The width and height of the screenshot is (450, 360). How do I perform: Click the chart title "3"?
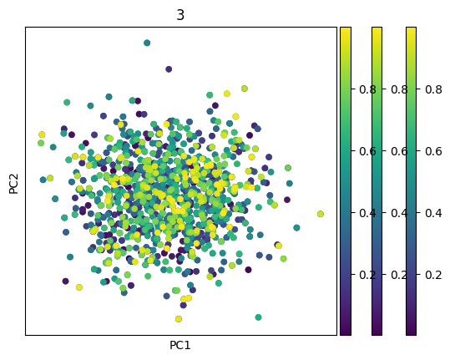(x=180, y=15)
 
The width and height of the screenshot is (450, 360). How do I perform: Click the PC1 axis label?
(x=180, y=345)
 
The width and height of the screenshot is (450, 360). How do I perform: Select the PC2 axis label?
(x=13, y=180)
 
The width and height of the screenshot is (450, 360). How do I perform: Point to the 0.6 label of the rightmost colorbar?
(x=433, y=150)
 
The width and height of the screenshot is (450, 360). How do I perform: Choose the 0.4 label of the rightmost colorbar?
(x=433, y=213)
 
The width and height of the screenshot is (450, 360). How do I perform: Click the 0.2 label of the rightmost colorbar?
(x=433, y=275)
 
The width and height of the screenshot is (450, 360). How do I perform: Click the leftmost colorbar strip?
(x=346, y=180)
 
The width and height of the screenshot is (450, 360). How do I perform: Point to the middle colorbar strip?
(x=377, y=180)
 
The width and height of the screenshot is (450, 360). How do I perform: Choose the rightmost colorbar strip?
(x=411, y=180)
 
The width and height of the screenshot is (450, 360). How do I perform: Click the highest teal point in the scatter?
(x=147, y=43)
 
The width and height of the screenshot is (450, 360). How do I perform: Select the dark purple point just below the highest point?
(x=169, y=69)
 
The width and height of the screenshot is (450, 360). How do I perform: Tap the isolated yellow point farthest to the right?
(x=321, y=214)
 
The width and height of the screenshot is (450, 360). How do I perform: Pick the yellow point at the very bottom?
(x=178, y=319)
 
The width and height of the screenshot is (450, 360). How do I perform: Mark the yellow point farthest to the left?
(x=42, y=134)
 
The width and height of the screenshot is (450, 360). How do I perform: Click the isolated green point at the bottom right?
(x=258, y=317)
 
